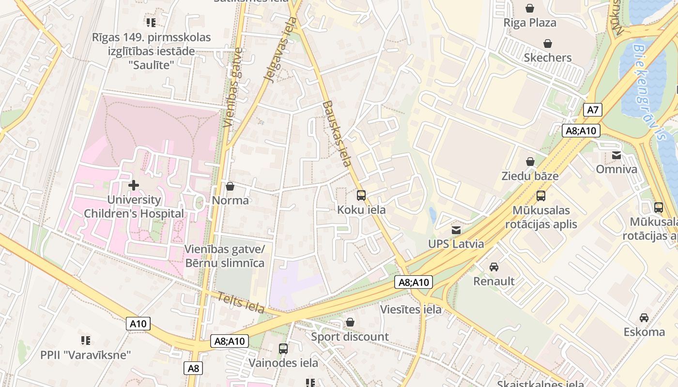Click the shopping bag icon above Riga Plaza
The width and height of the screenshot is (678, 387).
530,8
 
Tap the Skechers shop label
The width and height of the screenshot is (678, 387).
548,58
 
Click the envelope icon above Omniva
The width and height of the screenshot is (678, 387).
616,155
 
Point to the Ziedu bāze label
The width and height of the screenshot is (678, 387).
530,176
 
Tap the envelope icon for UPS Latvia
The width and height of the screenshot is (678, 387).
456,230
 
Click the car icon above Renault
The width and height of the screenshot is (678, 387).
493,267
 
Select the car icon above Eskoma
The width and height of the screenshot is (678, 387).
644,318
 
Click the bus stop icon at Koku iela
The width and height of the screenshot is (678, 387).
361,195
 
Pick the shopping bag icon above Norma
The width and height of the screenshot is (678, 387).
230,186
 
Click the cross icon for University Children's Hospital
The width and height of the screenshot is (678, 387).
134,185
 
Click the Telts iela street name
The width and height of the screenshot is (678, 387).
241,303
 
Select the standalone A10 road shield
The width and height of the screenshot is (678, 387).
139,324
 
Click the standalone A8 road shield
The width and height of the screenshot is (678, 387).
193,368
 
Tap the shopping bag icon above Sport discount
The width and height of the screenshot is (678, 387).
350,322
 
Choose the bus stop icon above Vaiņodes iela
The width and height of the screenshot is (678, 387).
283,348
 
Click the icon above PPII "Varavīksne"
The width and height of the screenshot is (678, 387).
86,341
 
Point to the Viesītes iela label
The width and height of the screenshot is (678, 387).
411,310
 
